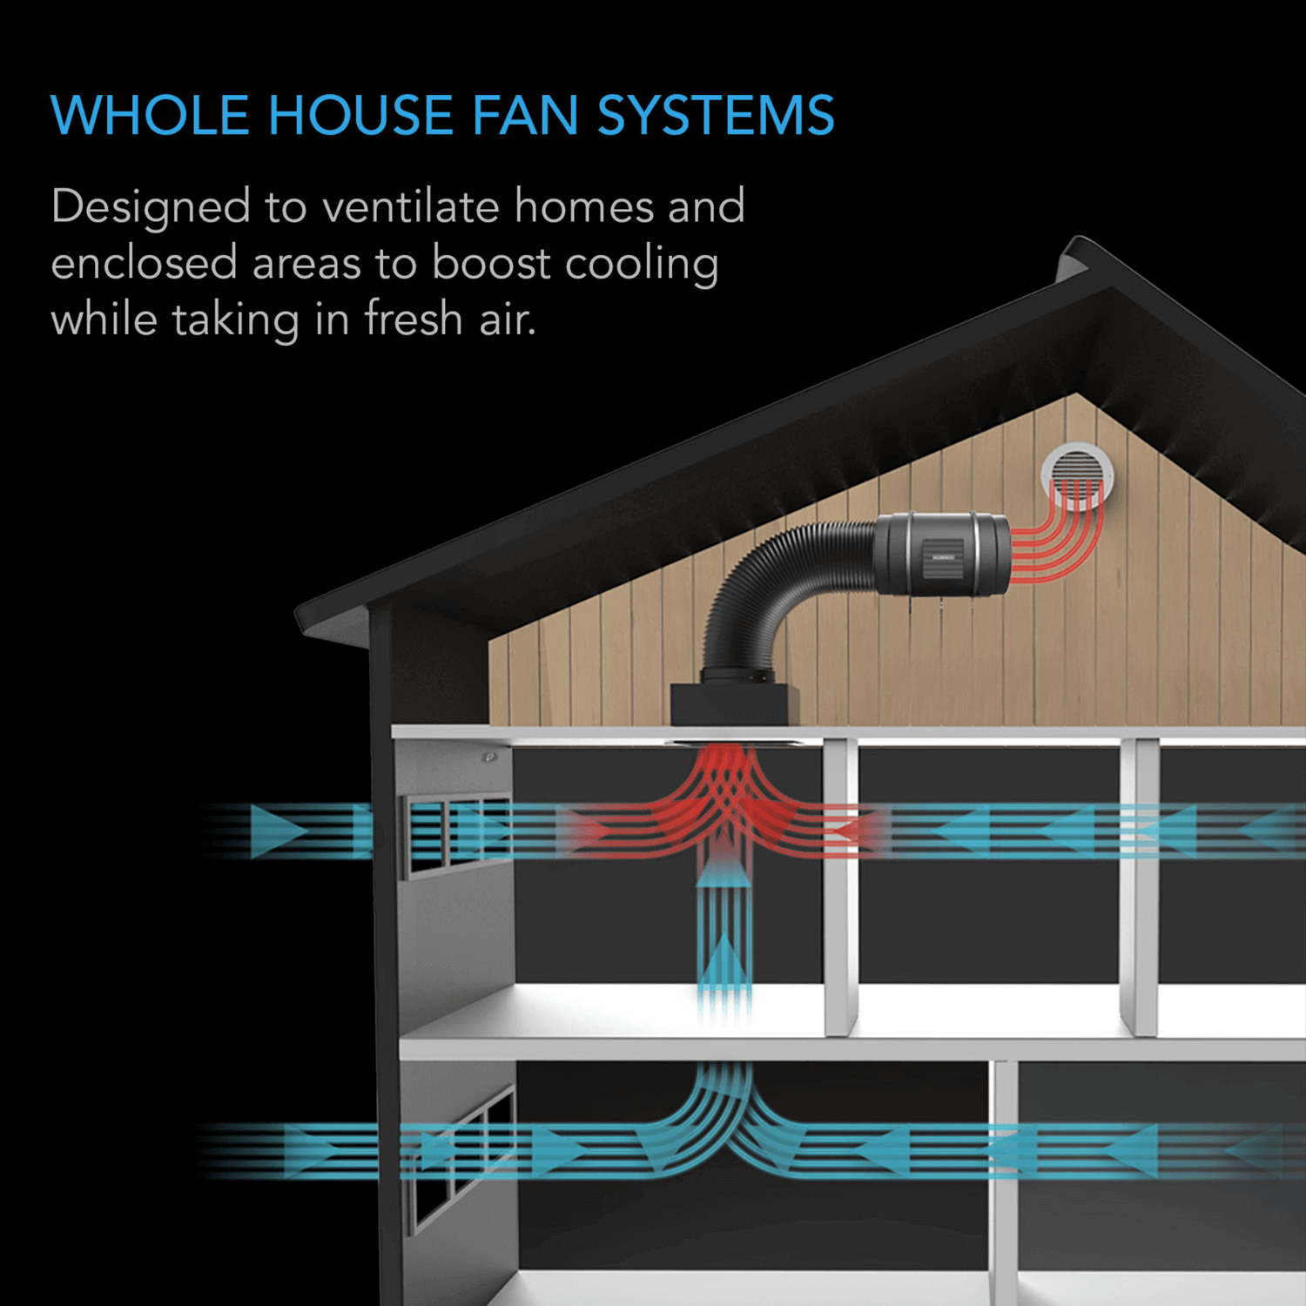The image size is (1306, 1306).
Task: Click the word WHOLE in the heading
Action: [150, 115]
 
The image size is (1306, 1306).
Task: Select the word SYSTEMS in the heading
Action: [715, 115]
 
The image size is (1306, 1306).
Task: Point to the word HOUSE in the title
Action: [360, 115]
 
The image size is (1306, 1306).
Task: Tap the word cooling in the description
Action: [642, 265]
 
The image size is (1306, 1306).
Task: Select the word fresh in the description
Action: [413, 319]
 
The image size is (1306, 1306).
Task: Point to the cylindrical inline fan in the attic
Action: [942, 554]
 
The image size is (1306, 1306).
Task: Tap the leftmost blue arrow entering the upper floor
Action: [277, 831]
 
